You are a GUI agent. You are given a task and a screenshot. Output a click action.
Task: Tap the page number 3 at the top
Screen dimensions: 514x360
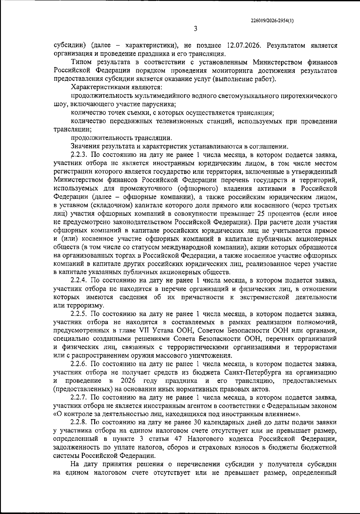(195, 29)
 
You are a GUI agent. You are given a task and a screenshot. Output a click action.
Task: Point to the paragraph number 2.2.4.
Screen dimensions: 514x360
(79, 281)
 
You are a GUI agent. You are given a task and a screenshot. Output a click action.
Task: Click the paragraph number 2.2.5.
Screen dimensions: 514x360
(79, 314)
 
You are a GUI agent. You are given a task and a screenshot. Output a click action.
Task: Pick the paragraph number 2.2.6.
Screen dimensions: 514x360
(79, 364)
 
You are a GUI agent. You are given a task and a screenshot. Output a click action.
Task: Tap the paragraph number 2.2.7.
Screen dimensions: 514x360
(79, 398)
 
